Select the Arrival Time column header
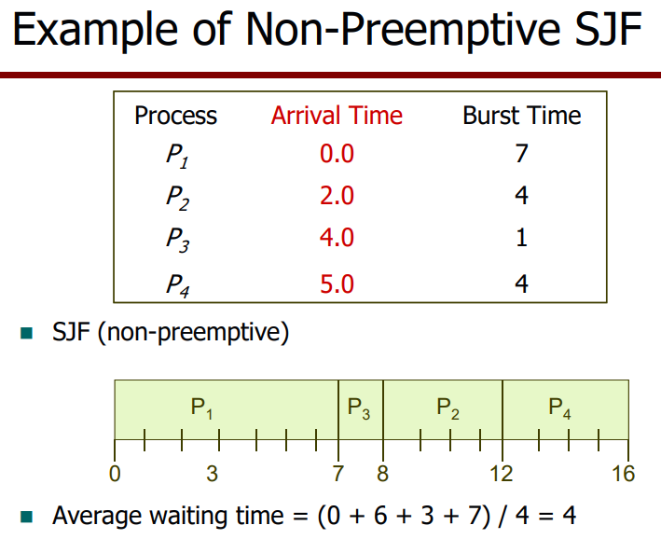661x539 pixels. click(337, 115)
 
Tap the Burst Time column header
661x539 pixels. click(522, 115)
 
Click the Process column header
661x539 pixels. click(176, 116)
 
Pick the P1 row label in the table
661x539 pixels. click(177, 155)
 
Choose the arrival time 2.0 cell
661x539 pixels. click(337, 196)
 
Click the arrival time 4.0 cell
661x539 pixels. click(337, 238)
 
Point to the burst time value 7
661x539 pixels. click(522, 154)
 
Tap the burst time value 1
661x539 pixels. click(522, 238)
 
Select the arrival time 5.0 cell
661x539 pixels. click(337, 283)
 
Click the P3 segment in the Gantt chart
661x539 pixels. click(361, 409)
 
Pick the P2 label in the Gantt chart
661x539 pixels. click(448, 408)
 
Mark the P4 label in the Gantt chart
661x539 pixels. click(559, 408)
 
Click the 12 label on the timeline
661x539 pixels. click(502, 474)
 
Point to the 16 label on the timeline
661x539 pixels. click(623, 474)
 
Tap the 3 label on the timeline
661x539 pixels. click(212, 474)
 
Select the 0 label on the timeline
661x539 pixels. click(115, 474)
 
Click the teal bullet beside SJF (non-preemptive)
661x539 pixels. click(26, 333)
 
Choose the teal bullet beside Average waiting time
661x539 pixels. click(26, 517)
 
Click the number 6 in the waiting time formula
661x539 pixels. click(380, 516)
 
